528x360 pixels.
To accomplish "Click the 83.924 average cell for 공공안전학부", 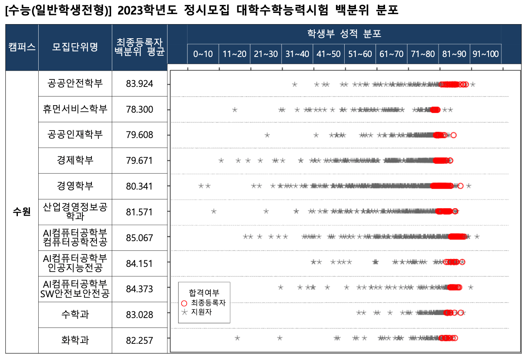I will coord(140,84).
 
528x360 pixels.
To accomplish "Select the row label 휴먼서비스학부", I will coord(75,109).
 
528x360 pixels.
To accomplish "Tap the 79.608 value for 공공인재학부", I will coord(140,135).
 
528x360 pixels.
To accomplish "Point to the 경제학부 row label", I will coord(75,160).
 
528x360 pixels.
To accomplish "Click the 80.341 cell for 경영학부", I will coord(140,186).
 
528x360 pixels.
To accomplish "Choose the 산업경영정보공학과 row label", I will coord(75,212).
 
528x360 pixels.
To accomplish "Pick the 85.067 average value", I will coord(140,238).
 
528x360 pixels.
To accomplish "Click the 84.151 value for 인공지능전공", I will coord(140,264).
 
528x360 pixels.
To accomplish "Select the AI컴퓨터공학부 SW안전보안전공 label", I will coord(75,289).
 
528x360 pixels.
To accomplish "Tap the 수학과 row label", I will coord(75,315).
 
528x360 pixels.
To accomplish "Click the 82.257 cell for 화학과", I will coord(140,340).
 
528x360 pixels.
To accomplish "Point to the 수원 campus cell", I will coord(22,212).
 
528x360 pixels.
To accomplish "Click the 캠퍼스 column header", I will coord(22,47).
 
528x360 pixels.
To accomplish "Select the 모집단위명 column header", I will coord(75,47).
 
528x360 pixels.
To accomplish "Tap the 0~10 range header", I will coord(203,54).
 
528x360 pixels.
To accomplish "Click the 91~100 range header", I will coord(486,54).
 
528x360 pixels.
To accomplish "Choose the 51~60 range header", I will coord(360,54).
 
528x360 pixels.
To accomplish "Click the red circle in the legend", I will coord(185,303).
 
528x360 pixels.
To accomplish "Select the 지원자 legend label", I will coord(202,312).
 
